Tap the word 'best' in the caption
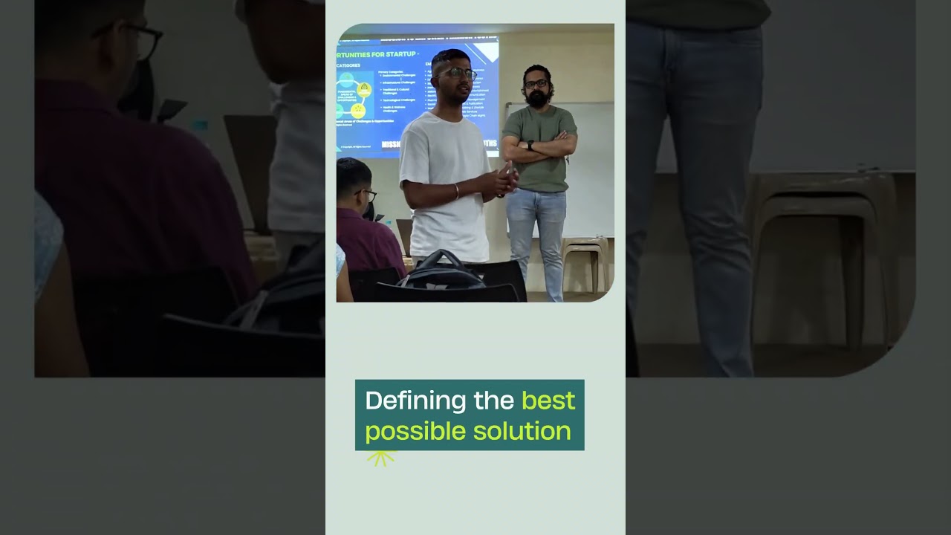(x=548, y=401)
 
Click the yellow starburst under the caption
(x=381, y=458)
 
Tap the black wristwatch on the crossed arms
(x=530, y=145)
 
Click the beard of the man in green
(x=536, y=99)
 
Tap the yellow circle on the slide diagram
(x=364, y=90)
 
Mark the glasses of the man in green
(x=536, y=84)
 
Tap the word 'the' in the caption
(x=494, y=401)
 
